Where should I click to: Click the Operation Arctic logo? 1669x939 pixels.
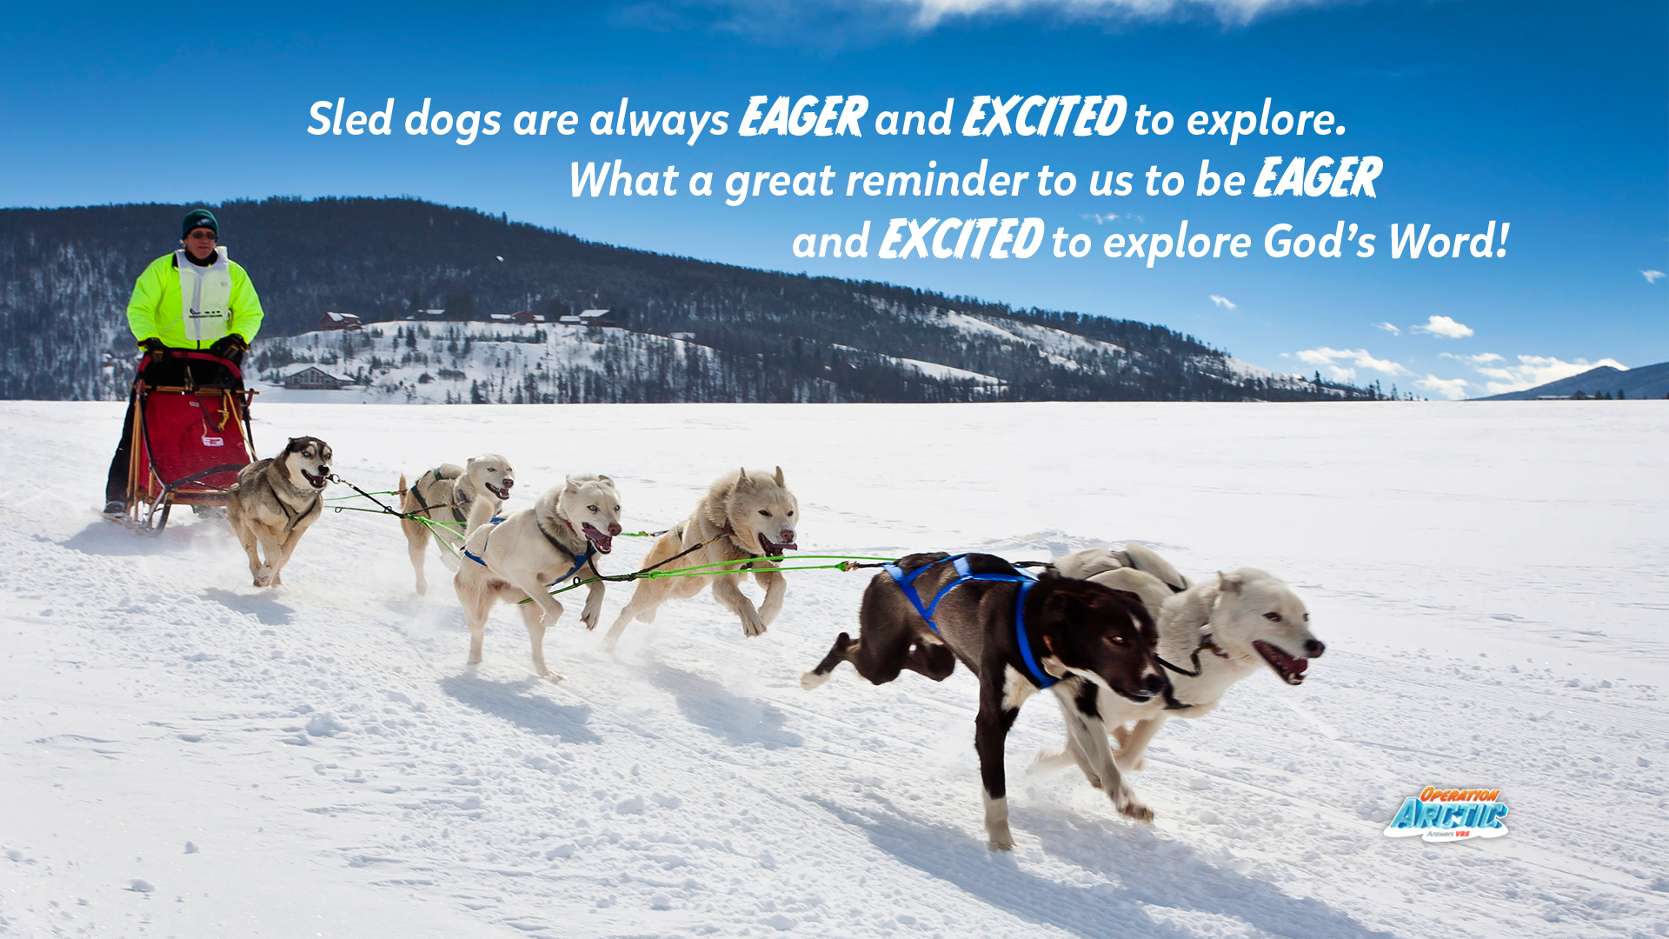(1446, 814)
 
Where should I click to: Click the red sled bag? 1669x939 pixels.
(193, 439)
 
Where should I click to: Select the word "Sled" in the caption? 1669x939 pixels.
(350, 118)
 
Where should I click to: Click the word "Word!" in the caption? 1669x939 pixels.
(1448, 241)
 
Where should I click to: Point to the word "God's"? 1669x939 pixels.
(1320, 241)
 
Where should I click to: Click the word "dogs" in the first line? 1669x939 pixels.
(453, 120)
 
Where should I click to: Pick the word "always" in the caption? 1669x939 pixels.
(659, 120)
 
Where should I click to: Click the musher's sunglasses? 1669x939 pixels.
(203, 235)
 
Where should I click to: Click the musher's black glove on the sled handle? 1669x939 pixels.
(228, 349)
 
